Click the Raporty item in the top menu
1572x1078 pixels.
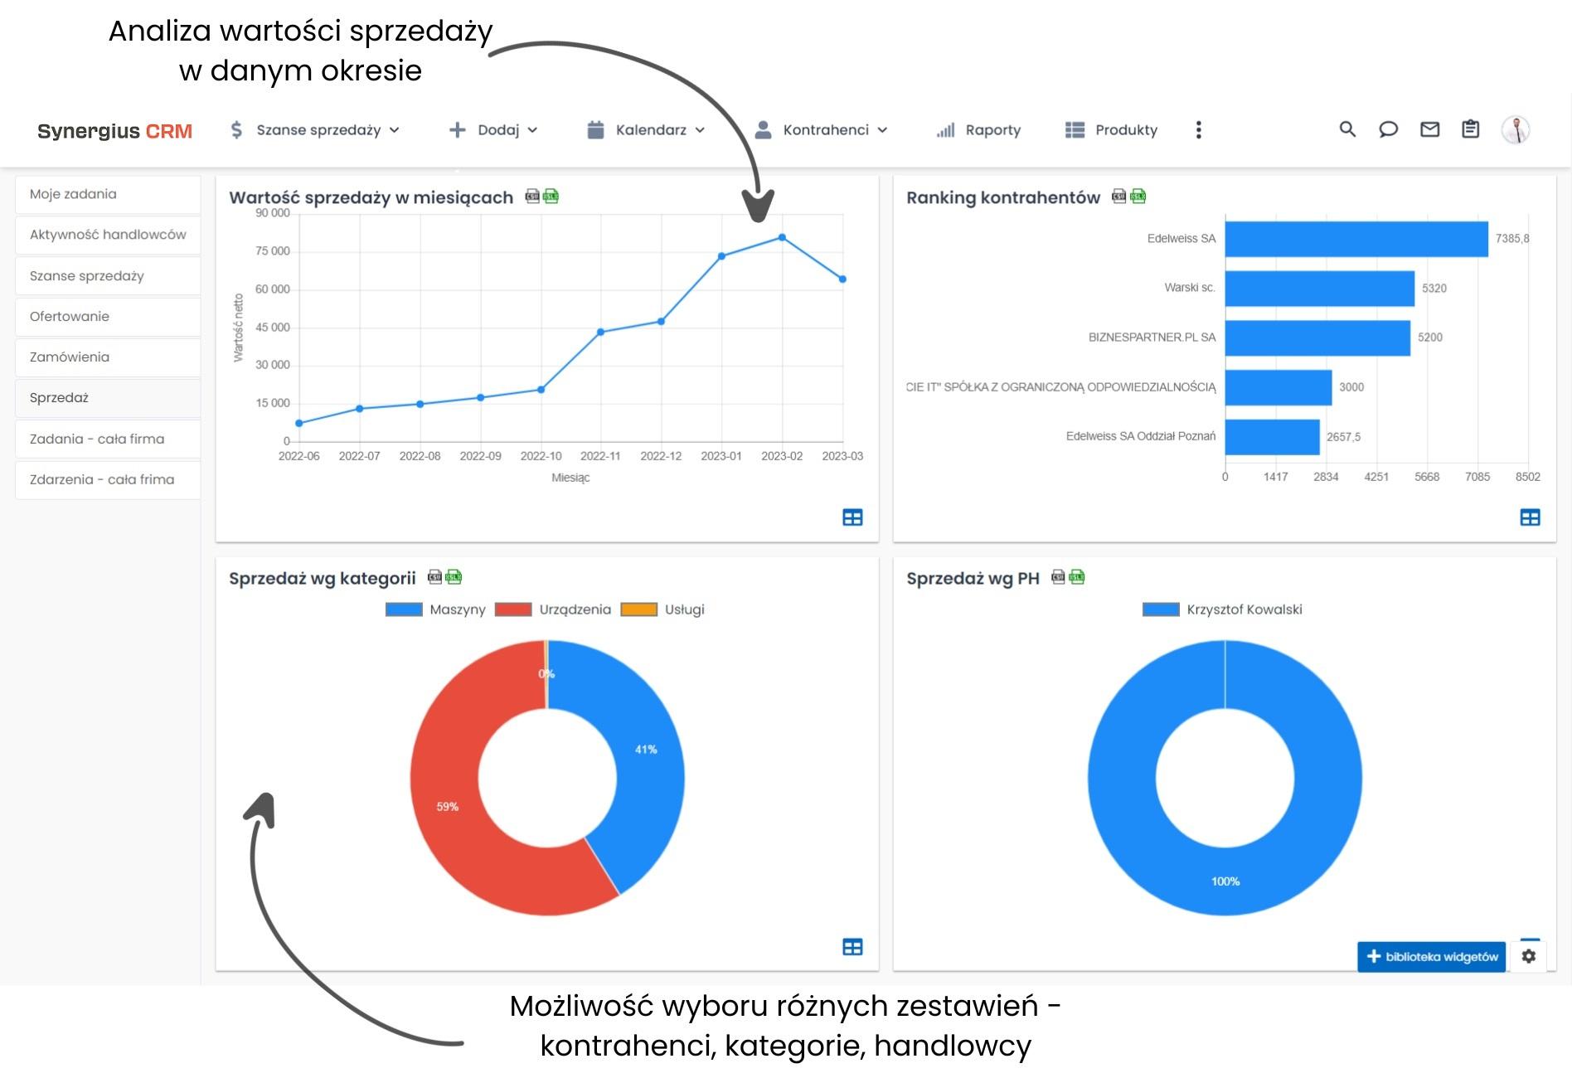point(979,130)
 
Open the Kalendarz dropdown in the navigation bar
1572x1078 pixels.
point(646,130)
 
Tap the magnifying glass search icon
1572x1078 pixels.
point(1347,129)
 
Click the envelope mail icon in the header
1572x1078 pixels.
point(1429,129)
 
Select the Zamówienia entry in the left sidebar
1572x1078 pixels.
point(70,357)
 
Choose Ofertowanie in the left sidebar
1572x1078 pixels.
point(70,317)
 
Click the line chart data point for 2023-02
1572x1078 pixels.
point(782,238)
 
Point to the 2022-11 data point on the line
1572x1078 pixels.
point(601,333)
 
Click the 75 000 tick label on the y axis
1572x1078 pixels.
point(272,251)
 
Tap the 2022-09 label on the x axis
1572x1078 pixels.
point(480,456)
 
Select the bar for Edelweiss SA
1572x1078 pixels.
point(1356,239)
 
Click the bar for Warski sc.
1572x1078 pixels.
point(1319,289)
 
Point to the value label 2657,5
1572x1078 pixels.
point(1343,437)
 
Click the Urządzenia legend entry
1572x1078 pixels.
point(553,609)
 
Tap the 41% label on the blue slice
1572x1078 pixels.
point(646,750)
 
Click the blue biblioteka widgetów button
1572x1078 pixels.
point(1431,957)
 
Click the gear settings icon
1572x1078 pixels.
point(1529,957)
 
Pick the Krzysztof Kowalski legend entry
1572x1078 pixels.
point(1222,609)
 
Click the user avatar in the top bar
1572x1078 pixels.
point(1516,130)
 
